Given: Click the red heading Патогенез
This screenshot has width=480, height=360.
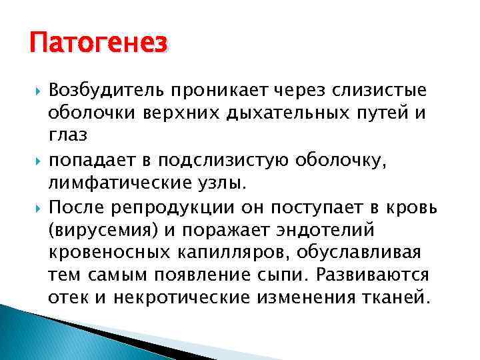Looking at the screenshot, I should coord(98,45).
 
